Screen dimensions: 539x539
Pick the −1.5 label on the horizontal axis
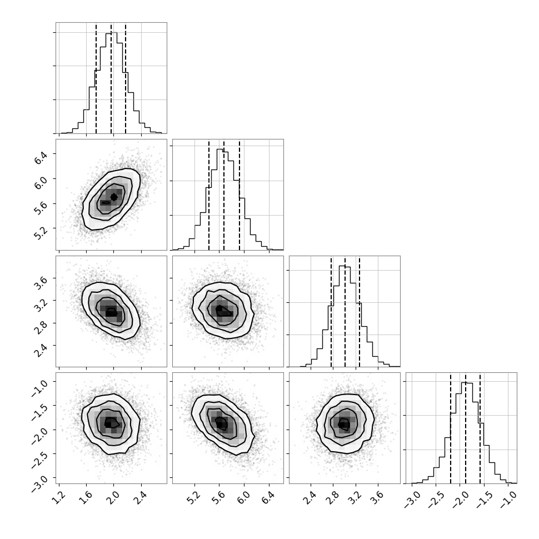coord(485,500)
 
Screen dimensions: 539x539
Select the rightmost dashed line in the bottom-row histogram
coord(480,428)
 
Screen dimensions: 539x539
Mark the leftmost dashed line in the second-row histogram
coord(209,194)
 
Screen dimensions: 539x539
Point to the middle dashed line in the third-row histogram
coord(345,311)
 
